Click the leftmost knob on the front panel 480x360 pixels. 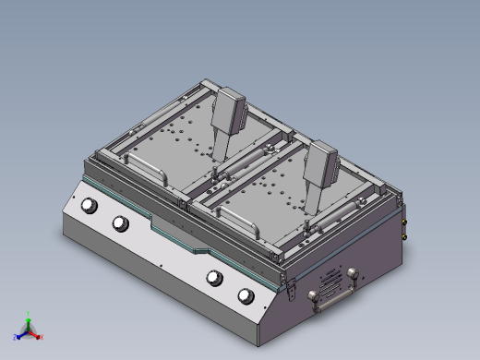click(x=90, y=206)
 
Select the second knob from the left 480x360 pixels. click(x=120, y=223)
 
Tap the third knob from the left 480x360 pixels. click(x=215, y=278)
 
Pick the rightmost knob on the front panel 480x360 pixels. click(x=246, y=295)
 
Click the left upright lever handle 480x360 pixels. click(x=227, y=111)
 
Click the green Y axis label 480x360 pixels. click(x=29, y=314)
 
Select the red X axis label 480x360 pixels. click(x=42, y=337)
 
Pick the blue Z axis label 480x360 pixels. click(x=16, y=338)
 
